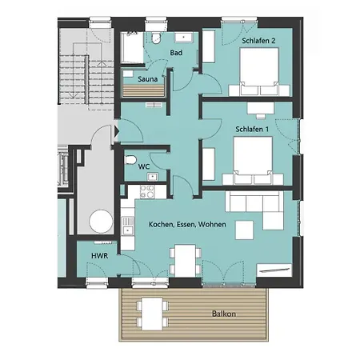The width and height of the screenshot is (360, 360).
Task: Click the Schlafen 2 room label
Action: point(258,41)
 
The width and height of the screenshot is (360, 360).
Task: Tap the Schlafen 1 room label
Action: point(252,130)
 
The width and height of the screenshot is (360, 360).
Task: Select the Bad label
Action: point(176,53)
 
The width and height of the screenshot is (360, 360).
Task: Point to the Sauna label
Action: point(148,79)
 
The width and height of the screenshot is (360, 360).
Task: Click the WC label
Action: point(144,167)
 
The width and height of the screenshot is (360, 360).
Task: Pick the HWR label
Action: point(100,256)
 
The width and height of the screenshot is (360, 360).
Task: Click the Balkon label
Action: point(224,314)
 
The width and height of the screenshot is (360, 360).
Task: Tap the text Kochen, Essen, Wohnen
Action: point(187,225)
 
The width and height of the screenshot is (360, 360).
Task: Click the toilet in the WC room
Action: point(130,160)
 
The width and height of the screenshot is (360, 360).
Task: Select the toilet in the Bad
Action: point(156,38)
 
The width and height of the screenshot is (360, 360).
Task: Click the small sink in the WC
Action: point(153,177)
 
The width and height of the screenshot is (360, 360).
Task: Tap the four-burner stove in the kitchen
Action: point(147,191)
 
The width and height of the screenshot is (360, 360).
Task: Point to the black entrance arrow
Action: point(117,131)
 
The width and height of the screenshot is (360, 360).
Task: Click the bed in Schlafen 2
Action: point(259,71)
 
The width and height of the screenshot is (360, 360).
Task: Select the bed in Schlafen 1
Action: point(253,161)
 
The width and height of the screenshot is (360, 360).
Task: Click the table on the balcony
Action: point(152,314)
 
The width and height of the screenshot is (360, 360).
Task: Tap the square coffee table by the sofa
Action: point(244,230)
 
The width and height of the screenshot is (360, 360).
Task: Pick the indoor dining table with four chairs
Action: point(185,261)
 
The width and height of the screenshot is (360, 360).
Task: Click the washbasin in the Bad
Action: point(184,38)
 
